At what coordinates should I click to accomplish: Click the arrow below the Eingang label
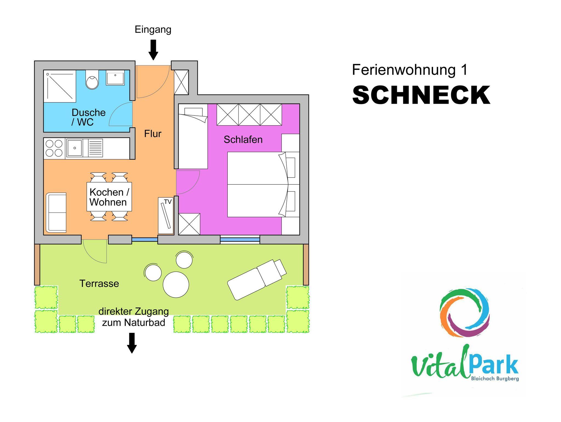153,50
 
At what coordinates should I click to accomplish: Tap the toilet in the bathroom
92,80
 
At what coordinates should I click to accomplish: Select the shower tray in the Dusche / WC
60,86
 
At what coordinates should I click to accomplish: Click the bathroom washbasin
115,78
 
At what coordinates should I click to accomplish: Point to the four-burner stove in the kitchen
54,148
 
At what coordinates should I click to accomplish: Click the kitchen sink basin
75,148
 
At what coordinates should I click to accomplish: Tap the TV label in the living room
168,202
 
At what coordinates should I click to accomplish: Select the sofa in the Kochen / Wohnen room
56,213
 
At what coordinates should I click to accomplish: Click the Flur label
153,134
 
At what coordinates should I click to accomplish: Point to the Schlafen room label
243,140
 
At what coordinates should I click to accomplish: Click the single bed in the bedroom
193,136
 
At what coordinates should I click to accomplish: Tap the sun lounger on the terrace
257,279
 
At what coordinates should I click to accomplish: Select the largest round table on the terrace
176,285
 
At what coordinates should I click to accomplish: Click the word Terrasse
99,283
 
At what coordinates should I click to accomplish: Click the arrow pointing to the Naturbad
132,343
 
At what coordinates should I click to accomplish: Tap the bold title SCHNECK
421,95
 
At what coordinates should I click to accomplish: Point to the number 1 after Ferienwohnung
464,70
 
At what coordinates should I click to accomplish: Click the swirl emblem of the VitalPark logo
465,313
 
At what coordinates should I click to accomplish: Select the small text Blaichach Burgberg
495,379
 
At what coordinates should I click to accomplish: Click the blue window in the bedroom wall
240,240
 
